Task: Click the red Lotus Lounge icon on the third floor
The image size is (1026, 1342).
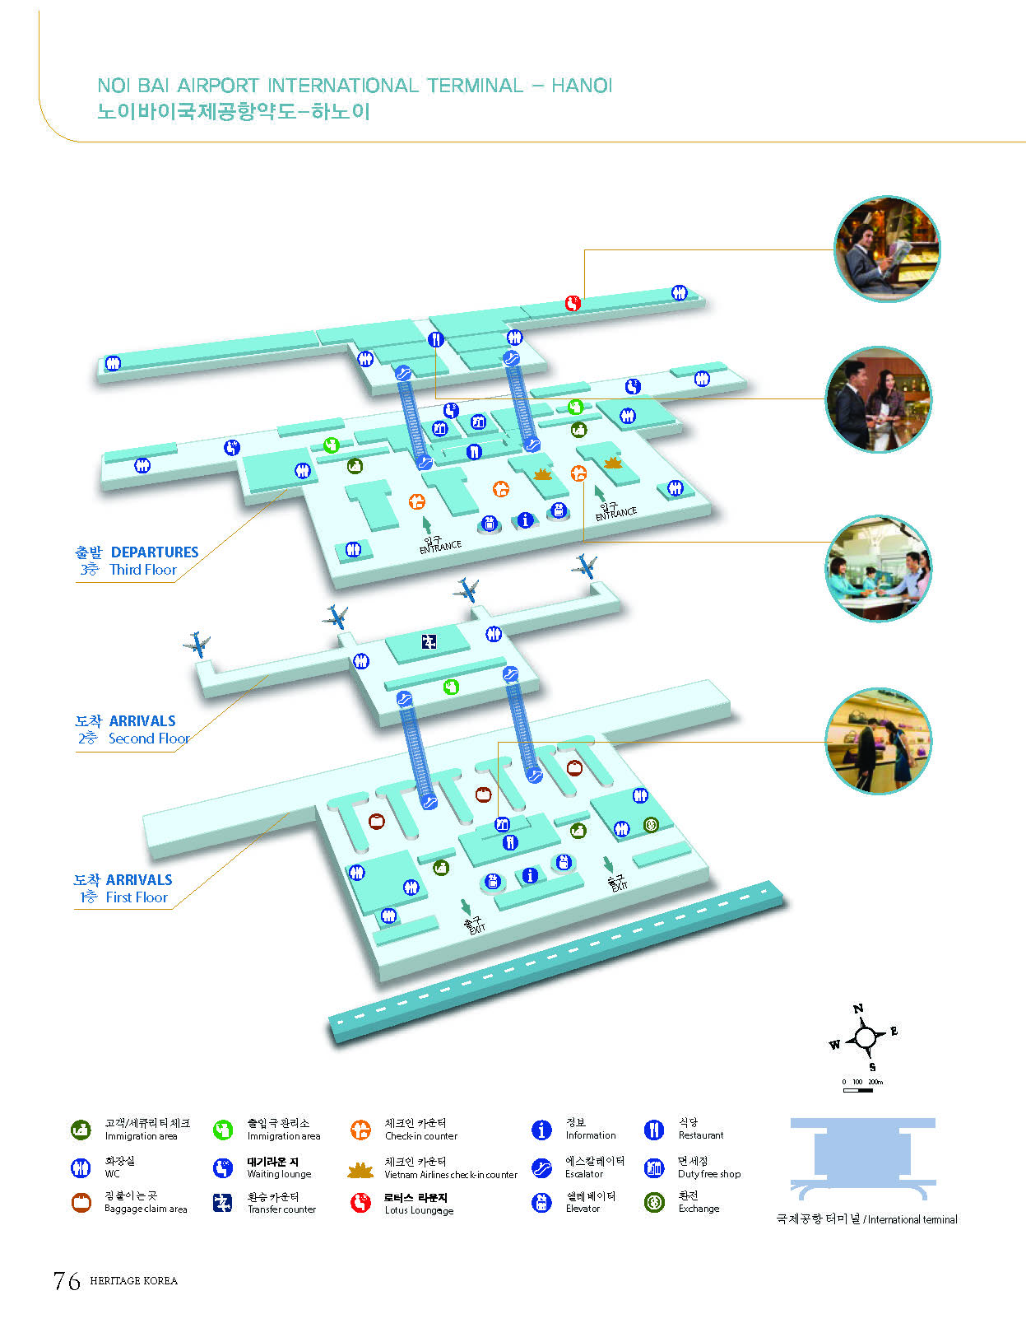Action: (x=573, y=303)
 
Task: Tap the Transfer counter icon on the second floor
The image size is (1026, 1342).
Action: (x=429, y=641)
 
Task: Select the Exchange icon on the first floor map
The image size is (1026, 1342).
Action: (x=651, y=824)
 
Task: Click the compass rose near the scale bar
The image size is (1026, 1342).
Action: (x=865, y=1037)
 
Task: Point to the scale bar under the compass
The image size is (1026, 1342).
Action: (x=858, y=1090)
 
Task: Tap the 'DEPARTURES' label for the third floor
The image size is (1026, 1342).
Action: (x=155, y=552)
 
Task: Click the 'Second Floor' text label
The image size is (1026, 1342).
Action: (x=149, y=739)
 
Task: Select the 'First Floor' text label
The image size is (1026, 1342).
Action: (x=137, y=897)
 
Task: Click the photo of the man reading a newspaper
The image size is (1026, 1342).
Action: (x=887, y=249)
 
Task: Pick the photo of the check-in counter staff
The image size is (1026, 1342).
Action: (x=878, y=568)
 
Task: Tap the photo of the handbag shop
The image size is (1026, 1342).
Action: (x=878, y=741)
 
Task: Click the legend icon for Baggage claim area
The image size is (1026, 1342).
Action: (x=81, y=1203)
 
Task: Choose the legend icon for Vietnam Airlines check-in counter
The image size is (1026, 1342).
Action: (x=360, y=1169)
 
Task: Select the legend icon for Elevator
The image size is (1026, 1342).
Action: (x=541, y=1203)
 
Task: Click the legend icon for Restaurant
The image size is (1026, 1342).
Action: (x=654, y=1130)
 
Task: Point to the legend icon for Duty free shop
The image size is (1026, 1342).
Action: (x=654, y=1167)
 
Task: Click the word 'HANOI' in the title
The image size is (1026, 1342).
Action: (x=582, y=86)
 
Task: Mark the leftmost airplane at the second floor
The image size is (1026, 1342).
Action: (x=197, y=644)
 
